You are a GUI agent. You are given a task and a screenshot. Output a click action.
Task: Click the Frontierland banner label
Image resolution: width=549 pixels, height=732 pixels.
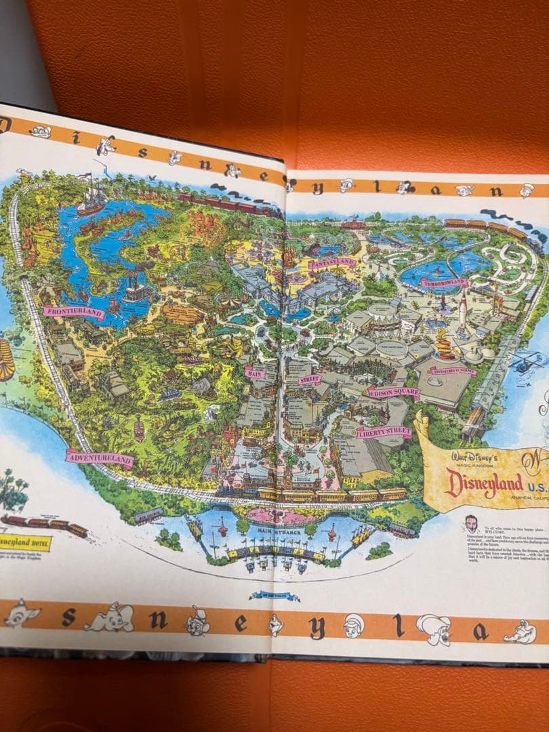coord(74,312)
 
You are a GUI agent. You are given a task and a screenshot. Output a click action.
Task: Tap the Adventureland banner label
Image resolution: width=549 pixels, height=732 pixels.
coord(99,458)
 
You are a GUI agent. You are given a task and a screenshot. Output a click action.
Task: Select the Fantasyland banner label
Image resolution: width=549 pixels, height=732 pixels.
coord(332,264)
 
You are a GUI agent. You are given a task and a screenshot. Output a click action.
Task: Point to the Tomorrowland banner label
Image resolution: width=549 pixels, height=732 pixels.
coord(444,281)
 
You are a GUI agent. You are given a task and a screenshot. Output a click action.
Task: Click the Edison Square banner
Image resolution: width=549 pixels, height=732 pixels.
coord(394,392)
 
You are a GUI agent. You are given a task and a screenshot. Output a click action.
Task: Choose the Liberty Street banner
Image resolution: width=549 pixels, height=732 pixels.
coord(384,432)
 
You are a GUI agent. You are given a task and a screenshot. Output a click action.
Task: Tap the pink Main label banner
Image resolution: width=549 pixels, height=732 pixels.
coord(255,372)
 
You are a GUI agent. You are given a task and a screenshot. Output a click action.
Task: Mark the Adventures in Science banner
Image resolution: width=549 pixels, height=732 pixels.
coord(452,371)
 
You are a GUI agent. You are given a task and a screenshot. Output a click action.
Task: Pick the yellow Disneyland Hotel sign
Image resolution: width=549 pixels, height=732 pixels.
coord(24,542)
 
